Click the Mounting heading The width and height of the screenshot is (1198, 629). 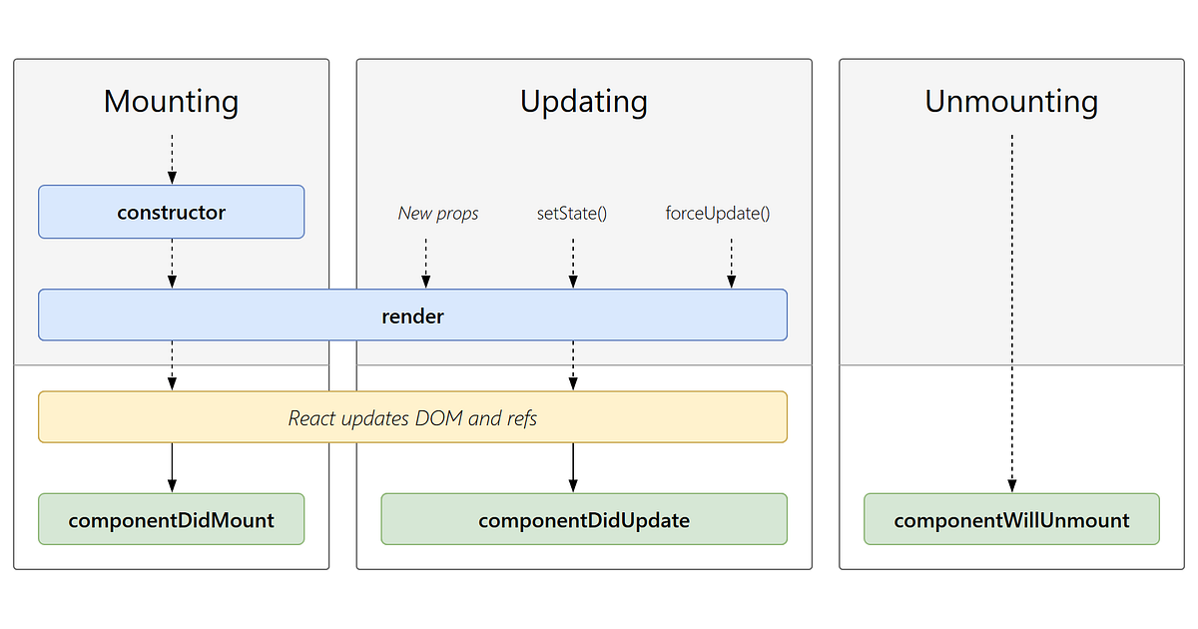[x=171, y=102]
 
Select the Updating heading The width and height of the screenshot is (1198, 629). [x=583, y=102]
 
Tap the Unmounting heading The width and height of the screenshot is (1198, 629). [x=1011, y=102]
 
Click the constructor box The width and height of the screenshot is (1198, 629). [x=171, y=212]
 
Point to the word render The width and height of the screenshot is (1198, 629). [x=412, y=316]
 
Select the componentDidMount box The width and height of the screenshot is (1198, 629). [x=171, y=519]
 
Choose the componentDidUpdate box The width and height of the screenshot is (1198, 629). [x=583, y=519]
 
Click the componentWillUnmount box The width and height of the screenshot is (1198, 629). [x=1011, y=519]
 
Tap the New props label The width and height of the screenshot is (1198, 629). [x=437, y=214]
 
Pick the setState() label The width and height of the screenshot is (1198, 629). [x=572, y=214]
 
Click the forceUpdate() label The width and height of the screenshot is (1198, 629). [x=718, y=214]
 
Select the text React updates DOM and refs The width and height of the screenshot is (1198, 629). [x=412, y=418]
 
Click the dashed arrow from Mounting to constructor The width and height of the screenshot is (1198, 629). [x=172, y=158]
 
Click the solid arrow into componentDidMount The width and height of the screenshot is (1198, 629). [x=172, y=466]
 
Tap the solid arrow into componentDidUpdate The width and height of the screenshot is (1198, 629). [x=573, y=466]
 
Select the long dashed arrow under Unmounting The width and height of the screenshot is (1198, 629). [x=1011, y=310]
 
